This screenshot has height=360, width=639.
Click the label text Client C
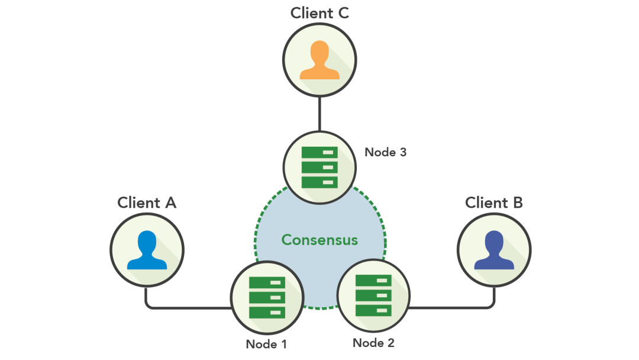click(x=319, y=13)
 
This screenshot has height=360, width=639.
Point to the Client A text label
click(x=147, y=202)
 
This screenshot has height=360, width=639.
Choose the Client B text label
click(x=494, y=202)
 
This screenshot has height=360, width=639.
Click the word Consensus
click(x=319, y=240)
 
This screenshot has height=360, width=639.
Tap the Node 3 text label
click(x=385, y=152)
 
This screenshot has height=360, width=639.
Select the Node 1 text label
click(x=266, y=343)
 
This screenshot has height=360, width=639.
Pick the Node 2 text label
click(x=373, y=342)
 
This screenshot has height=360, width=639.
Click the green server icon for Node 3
click(x=319, y=167)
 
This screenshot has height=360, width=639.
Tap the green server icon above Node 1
click(x=267, y=297)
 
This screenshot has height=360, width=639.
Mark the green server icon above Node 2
click(x=373, y=295)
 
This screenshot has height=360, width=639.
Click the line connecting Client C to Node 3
click(x=319, y=114)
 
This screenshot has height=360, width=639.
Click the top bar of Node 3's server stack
click(x=319, y=152)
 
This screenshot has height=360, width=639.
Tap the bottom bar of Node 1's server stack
click(x=267, y=312)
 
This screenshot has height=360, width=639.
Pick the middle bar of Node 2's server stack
click(x=373, y=295)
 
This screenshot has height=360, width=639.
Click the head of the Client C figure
click(x=319, y=50)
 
